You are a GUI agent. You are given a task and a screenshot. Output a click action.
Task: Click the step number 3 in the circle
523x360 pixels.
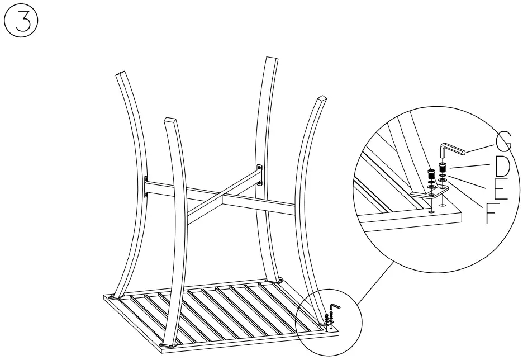point(21,21)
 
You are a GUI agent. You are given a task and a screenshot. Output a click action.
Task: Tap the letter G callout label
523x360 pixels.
point(502,140)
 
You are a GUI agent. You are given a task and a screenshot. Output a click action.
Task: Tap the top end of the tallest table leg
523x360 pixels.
point(272,60)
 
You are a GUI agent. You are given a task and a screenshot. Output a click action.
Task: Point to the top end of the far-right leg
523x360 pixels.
point(321,100)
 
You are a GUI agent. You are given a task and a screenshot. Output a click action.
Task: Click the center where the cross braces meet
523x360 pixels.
point(215,200)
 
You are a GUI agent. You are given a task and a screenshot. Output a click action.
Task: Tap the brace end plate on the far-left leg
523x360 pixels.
point(146,186)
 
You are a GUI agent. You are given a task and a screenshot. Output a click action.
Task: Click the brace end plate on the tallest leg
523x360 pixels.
point(259,174)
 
